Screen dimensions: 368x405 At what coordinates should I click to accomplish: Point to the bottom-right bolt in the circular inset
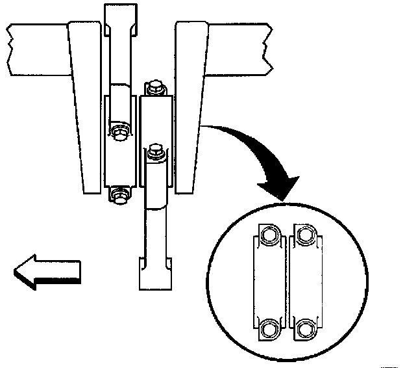[x=304, y=328]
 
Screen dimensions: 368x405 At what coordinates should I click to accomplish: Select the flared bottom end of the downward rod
[x=155, y=274]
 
